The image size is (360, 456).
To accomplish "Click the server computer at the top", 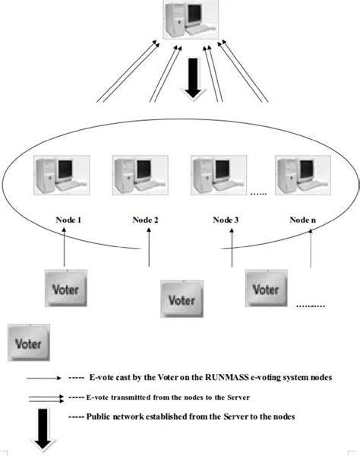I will [183, 21].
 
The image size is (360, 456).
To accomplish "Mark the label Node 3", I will [225, 220].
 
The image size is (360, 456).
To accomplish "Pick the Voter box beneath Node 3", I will [266, 290].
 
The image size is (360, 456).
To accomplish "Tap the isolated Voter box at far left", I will [28, 342].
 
